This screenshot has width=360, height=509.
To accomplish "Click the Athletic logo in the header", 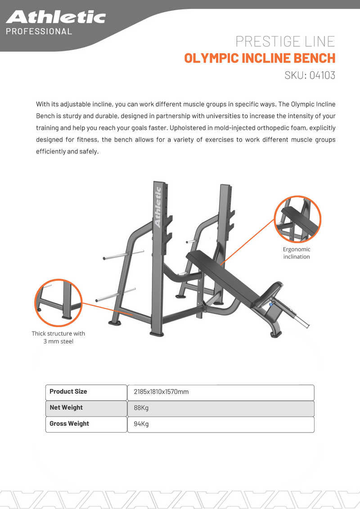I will [x=56, y=18].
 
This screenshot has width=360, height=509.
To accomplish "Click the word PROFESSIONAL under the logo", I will [x=39, y=32].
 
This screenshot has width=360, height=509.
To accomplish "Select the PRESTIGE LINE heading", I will [x=285, y=42].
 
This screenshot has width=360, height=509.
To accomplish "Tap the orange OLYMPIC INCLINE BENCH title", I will [x=260, y=58].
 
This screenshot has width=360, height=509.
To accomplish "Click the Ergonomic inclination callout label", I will [x=297, y=253].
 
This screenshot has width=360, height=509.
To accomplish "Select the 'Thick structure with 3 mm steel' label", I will [x=58, y=338].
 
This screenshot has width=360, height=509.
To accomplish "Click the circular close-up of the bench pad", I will [x=297, y=219].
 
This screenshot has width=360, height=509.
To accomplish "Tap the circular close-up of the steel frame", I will [x=58, y=302].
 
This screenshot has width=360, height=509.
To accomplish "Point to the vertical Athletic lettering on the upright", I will [x=157, y=207].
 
